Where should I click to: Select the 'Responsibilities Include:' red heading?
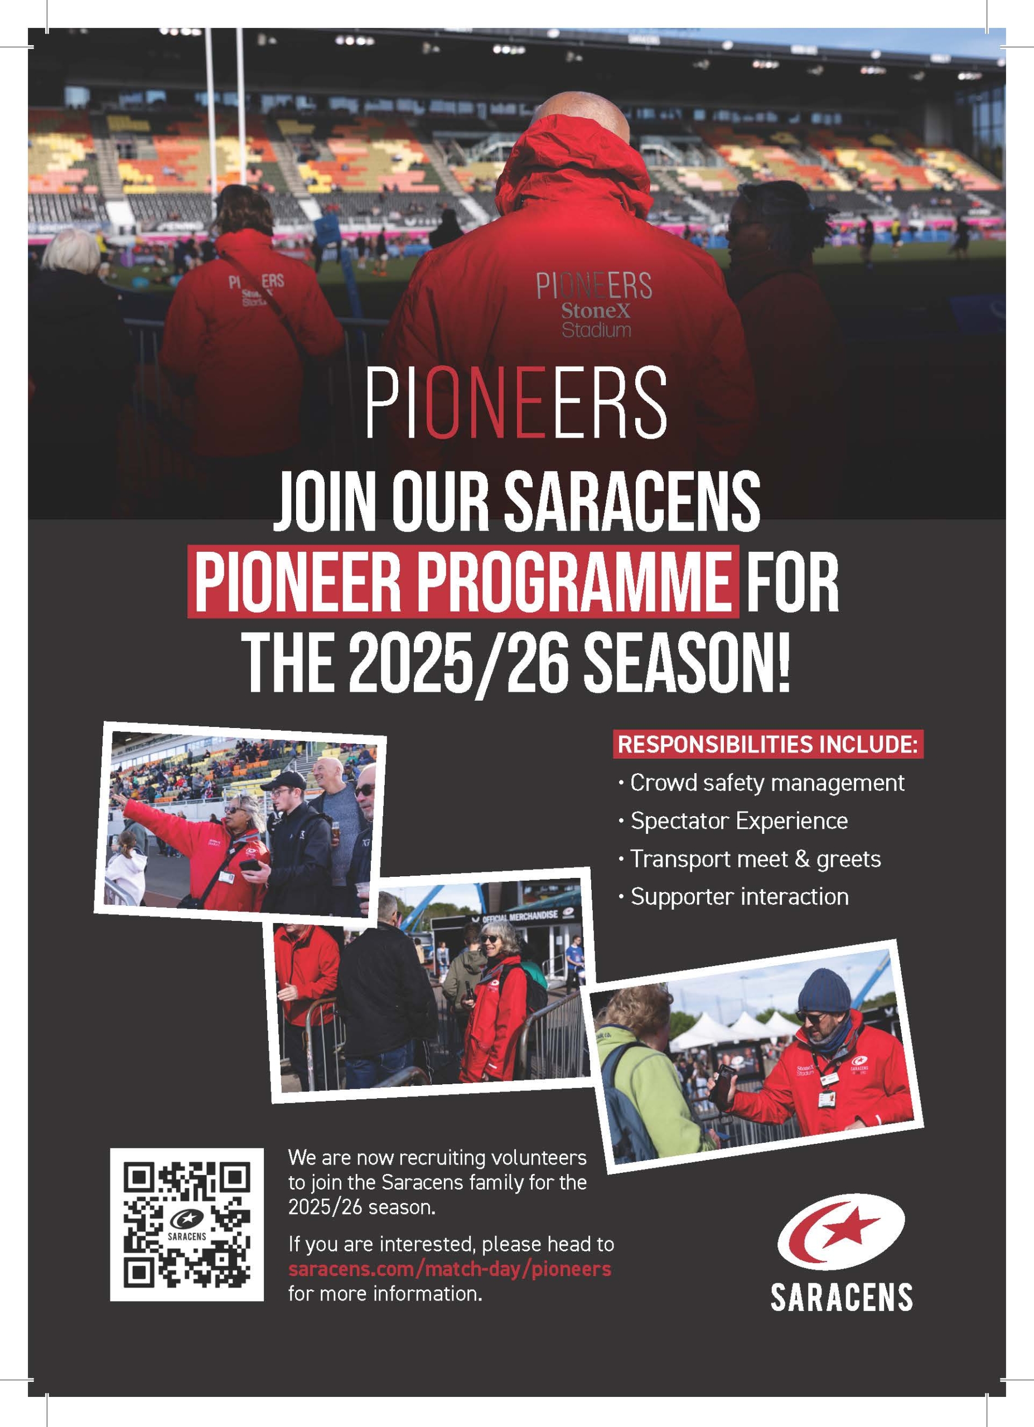(767, 744)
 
